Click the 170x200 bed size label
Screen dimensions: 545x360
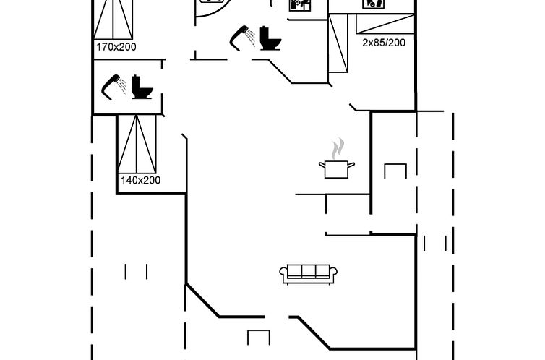pyautogui.click(x=116, y=47)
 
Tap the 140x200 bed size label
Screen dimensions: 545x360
pyautogui.click(x=140, y=180)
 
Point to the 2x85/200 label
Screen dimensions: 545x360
pyautogui.click(x=384, y=43)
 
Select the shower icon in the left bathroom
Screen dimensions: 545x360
pyautogui.click(x=113, y=87)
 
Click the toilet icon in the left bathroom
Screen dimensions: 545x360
pyautogui.click(x=142, y=87)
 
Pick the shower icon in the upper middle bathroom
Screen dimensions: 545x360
pyautogui.click(x=242, y=38)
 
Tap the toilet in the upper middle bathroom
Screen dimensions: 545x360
pyautogui.click(x=270, y=38)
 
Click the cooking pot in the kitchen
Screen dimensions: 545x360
pyautogui.click(x=336, y=169)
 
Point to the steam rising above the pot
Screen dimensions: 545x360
pyautogui.click(x=338, y=148)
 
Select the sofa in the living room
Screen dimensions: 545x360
pyautogui.click(x=309, y=275)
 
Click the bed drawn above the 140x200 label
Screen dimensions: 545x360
pyautogui.click(x=137, y=144)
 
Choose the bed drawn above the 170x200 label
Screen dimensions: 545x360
pyautogui.click(x=113, y=20)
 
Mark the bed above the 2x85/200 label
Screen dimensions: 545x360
pyautogui.click(x=385, y=24)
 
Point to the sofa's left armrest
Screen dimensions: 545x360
pyautogui.click(x=283, y=273)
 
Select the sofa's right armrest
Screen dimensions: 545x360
pyautogui.click(x=333, y=273)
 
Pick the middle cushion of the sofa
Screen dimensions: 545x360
pyautogui.click(x=309, y=271)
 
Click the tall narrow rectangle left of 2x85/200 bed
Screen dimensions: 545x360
pyautogui.click(x=338, y=43)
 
